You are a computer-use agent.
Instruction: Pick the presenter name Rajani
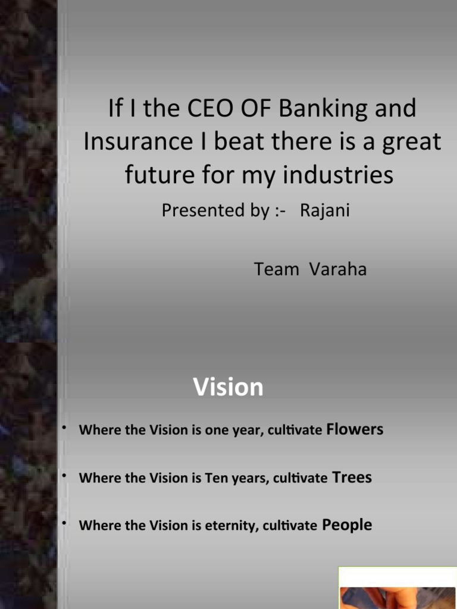coord(325,211)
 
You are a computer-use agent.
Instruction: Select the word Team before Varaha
coord(277,269)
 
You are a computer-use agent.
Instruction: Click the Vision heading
coord(228,387)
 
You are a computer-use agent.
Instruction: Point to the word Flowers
coord(355,429)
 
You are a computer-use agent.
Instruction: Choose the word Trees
coord(352,477)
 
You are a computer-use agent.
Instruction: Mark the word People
coord(347,525)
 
